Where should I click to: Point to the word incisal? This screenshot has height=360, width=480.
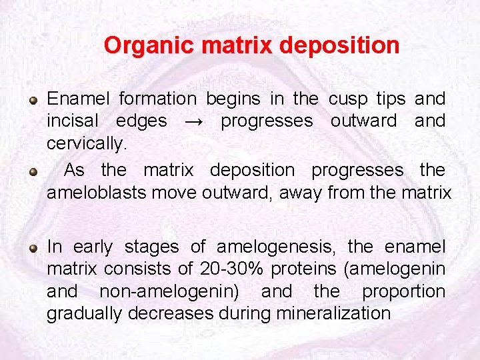point(72,121)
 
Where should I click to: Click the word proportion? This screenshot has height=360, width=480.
point(403,291)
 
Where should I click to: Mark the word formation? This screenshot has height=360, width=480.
point(157,99)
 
